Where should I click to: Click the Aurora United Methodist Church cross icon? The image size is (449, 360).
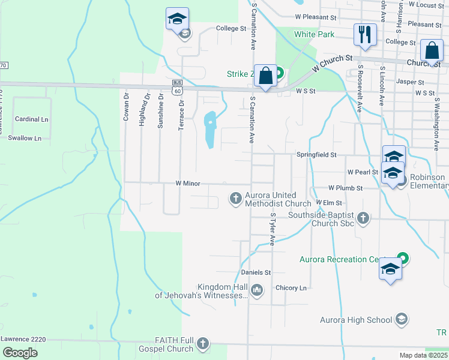236,197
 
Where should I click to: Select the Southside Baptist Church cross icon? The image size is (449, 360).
363,218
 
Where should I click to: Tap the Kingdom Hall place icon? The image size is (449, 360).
257,290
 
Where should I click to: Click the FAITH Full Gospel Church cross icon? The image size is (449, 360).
203,343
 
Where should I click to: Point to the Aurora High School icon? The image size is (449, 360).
402,319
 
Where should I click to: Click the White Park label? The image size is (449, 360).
314,34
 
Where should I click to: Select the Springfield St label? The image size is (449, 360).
316,155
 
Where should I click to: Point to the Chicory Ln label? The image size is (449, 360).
291,288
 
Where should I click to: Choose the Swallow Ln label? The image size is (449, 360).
25,138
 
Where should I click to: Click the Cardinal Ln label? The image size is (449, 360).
31,119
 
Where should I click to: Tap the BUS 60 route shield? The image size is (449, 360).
176,87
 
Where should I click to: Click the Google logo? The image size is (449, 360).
20,352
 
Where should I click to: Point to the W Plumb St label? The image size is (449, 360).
345,188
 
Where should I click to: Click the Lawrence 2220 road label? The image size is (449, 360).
23,339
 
